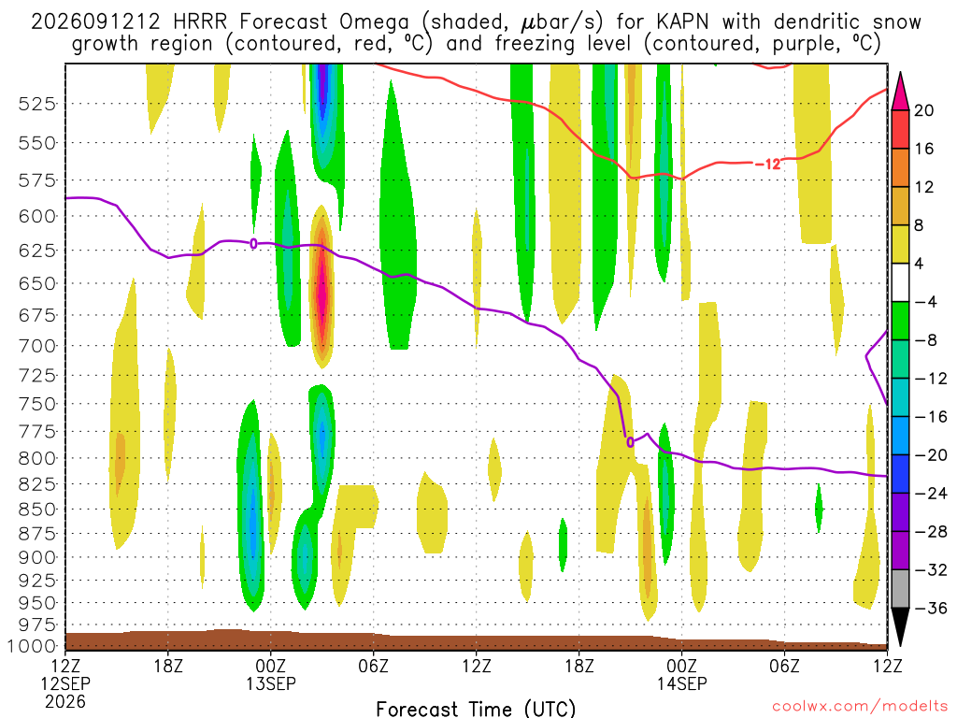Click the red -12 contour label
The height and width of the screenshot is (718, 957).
[x=768, y=164]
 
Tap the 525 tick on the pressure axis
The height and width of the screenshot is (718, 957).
[x=37, y=104]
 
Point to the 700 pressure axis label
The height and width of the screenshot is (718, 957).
[x=37, y=346]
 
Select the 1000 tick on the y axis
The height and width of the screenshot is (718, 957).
[x=34, y=646]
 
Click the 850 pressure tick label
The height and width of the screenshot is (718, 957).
[x=37, y=510]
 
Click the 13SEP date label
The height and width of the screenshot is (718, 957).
[x=270, y=683]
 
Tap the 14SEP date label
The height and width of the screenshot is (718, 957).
[x=681, y=683]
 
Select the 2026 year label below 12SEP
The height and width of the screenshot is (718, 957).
[x=65, y=702]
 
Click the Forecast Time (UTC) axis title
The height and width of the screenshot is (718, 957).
[x=476, y=709]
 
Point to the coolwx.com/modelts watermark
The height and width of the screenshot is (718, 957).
[x=860, y=707]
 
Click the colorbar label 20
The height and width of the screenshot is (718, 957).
[x=923, y=110]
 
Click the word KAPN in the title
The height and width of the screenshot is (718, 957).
[x=682, y=22]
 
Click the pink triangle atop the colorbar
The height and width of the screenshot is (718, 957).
[x=900, y=91]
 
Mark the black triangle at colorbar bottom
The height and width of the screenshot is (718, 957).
[x=900, y=627]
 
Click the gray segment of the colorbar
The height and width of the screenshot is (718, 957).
[x=900, y=589]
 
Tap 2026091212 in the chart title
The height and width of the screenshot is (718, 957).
[x=95, y=22]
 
